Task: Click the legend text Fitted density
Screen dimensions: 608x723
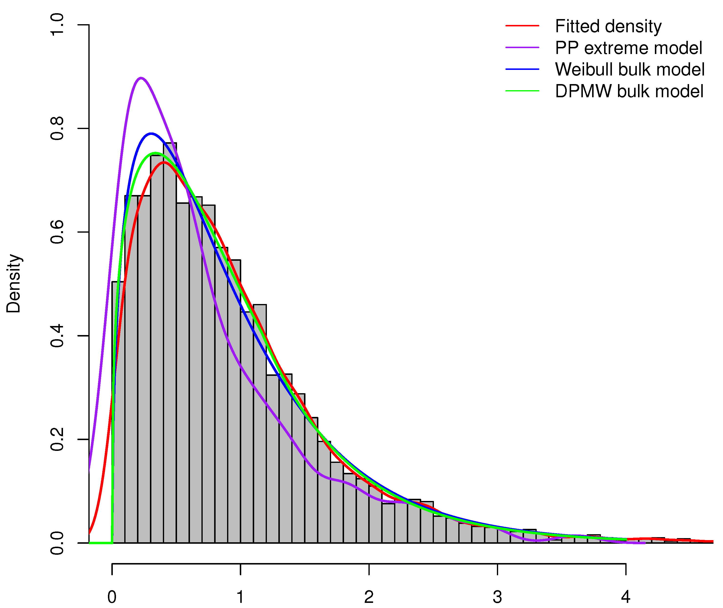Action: coord(608,27)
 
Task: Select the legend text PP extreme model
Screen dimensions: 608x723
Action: coord(628,48)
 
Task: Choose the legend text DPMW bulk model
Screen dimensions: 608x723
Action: coord(629,91)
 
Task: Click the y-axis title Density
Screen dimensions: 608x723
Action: coord(14,284)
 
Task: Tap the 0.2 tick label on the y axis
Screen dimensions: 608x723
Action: coord(57,439)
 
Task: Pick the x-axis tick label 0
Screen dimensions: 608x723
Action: coord(112,597)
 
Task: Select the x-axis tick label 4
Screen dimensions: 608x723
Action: coord(626,597)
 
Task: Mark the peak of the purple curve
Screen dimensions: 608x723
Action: coord(141,78)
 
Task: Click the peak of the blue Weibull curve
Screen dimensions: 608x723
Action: coord(151,133)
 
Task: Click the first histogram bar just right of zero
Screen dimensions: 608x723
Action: coord(118,414)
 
